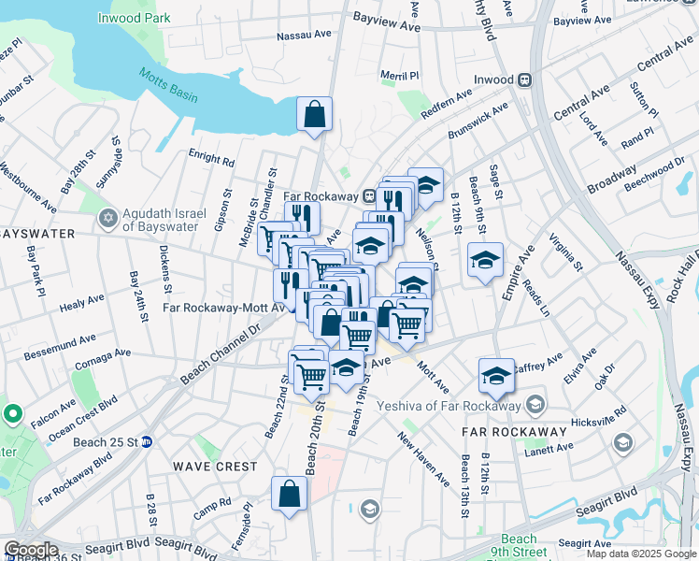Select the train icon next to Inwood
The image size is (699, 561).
pyautogui.click(x=525, y=80)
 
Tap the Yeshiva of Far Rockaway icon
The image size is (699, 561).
pyautogui.click(x=535, y=405)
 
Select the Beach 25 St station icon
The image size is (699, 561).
pyautogui.click(x=147, y=442)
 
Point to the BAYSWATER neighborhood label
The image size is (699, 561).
pyautogui.click(x=36, y=234)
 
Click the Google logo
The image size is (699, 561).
pyautogui.click(x=31, y=550)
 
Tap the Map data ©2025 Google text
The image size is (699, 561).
pyautogui.click(x=640, y=554)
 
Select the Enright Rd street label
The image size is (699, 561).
pyautogui.click(x=210, y=160)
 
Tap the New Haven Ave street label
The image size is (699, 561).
pyautogui.click(x=423, y=458)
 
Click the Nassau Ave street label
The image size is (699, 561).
pyautogui.click(x=305, y=36)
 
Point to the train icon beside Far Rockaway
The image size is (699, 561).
pyautogui.click(x=371, y=197)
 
